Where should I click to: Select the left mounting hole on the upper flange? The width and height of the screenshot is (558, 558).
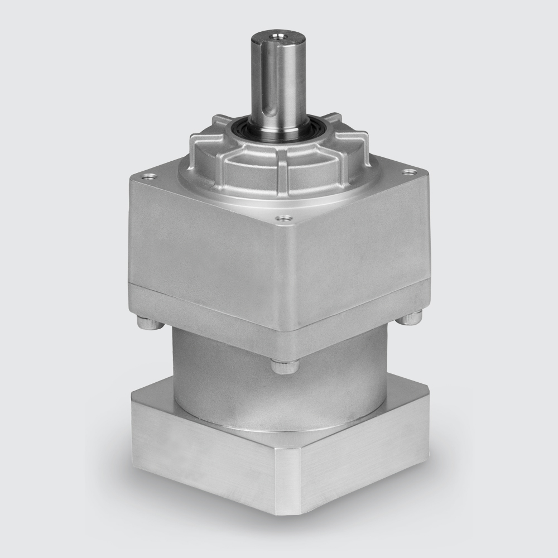click(x=148, y=179)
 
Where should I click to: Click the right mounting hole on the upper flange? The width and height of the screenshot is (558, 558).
click(x=411, y=172)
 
